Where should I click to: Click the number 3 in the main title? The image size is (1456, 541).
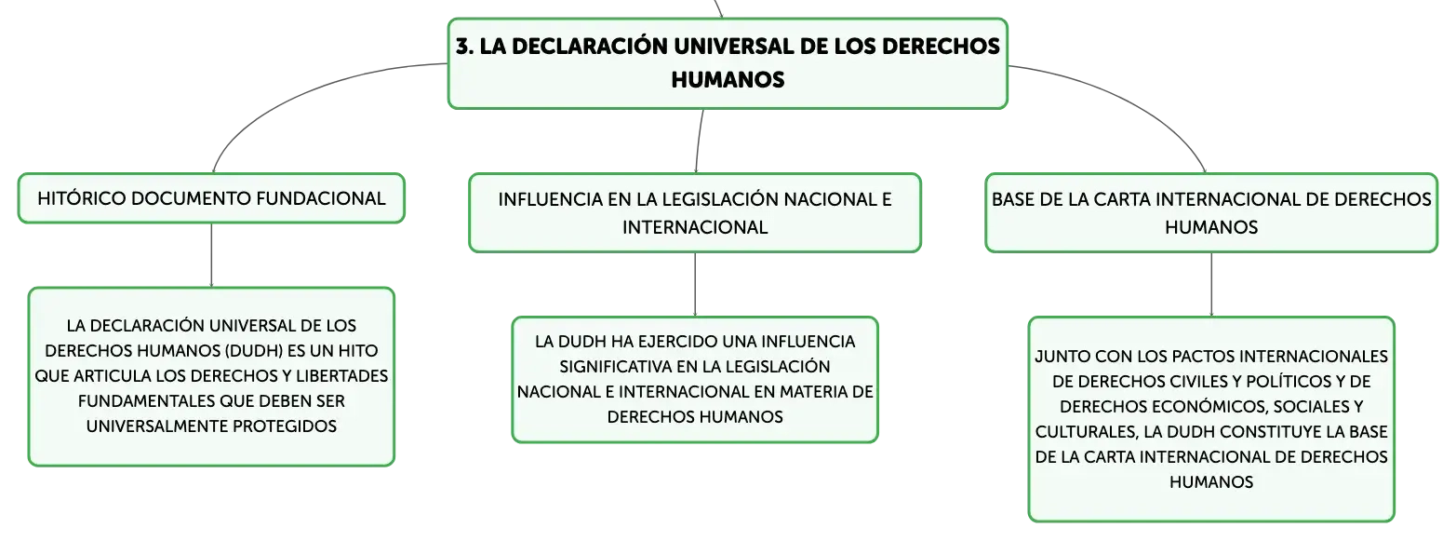(462, 47)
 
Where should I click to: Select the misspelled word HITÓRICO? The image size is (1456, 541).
(81, 198)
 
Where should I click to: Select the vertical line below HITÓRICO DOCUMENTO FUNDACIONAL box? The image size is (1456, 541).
(211, 255)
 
